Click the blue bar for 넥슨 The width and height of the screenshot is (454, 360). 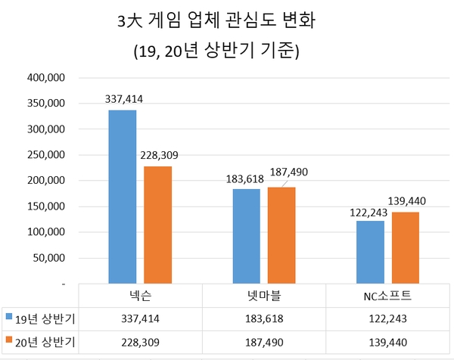pyautogui.click(x=123, y=197)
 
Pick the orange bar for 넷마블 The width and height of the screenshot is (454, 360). pyautogui.click(x=281, y=235)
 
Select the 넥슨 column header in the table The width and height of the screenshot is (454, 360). pyautogui.click(x=140, y=294)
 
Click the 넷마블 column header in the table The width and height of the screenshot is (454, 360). pyautogui.click(x=264, y=294)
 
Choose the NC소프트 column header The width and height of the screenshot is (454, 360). pyautogui.click(x=387, y=294)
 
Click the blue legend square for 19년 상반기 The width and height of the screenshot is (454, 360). pyautogui.click(x=8, y=315)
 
